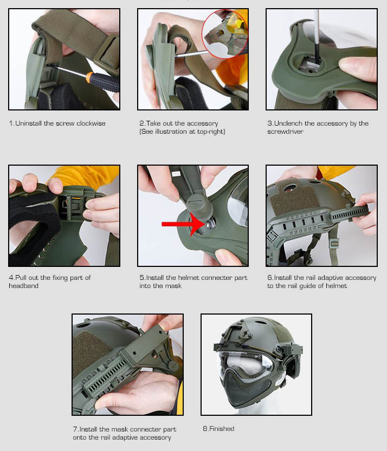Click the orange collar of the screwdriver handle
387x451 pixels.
pyautogui.click(x=89, y=77)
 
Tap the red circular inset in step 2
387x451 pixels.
pyautogui.click(x=224, y=34)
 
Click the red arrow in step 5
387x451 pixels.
pyautogui.click(x=184, y=224)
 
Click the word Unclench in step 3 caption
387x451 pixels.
pyautogui.click(x=288, y=123)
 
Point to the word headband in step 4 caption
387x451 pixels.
pyautogui.click(x=24, y=286)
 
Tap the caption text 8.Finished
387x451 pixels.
pyautogui.click(x=218, y=429)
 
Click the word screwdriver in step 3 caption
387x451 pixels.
pyautogui.click(x=285, y=132)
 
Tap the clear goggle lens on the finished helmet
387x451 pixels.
pyautogui.click(x=245, y=362)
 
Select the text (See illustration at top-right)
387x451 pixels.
pyautogui.click(x=182, y=132)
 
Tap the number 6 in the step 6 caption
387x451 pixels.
pyautogui.click(x=269, y=278)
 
